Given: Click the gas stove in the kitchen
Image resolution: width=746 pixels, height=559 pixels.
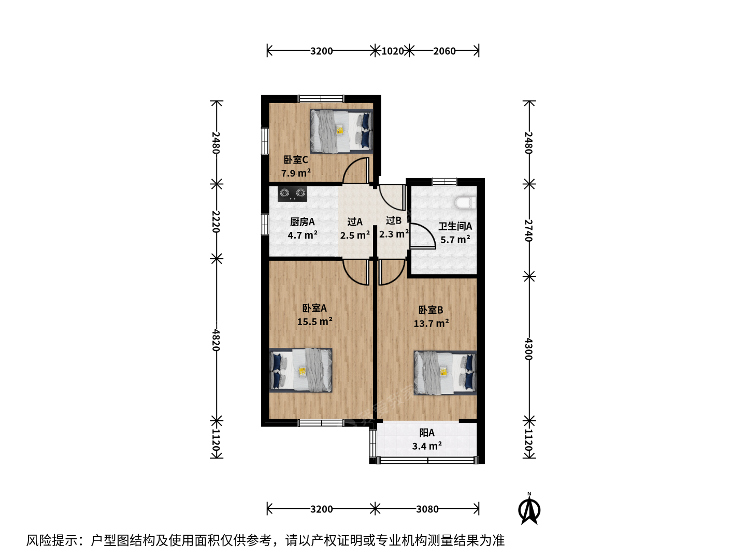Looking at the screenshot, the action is pyautogui.click(x=292, y=194).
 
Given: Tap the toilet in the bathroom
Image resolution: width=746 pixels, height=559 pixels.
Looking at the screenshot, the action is pyautogui.click(x=466, y=203).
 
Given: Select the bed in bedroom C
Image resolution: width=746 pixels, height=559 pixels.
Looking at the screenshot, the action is pyautogui.click(x=341, y=131).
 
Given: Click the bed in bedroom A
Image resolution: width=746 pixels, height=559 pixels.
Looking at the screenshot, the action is pyautogui.click(x=301, y=370).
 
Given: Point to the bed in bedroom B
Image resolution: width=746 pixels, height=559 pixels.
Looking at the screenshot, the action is pyautogui.click(x=445, y=373).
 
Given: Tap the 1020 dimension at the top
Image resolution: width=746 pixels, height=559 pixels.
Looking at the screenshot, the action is pyautogui.click(x=393, y=51).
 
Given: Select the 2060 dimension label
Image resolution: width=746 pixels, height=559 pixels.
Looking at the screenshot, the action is pyautogui.click(x=444, y=51).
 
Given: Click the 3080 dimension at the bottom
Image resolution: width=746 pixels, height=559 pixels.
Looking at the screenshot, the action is pyautogui.click(x=427, y=509).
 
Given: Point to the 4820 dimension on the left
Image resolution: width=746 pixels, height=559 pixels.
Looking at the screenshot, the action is pyautogui.click(x=216, y=340).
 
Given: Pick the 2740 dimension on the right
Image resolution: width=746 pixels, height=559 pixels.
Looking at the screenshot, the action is pyautogui.click(x=528, y=230).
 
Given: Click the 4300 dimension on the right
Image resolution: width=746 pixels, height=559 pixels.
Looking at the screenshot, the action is pyautogui.click(x=528, y=348).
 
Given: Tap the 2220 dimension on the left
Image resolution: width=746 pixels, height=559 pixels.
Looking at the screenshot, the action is pyautogui.click(x=216, y=222).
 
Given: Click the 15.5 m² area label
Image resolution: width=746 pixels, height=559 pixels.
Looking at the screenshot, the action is pyautogui.click(x=314, y=321).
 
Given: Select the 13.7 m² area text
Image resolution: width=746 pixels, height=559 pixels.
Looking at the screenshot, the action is pyautogui.click(x=431, y=323).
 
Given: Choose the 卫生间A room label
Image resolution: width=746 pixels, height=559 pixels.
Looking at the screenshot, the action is pyautogui.click(x=455, y=226).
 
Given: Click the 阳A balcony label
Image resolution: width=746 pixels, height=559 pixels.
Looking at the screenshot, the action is pyautogui.click(x=427, y=433).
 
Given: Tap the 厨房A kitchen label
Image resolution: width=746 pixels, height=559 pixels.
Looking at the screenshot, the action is pyautogui.click(x=302, y=222).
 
